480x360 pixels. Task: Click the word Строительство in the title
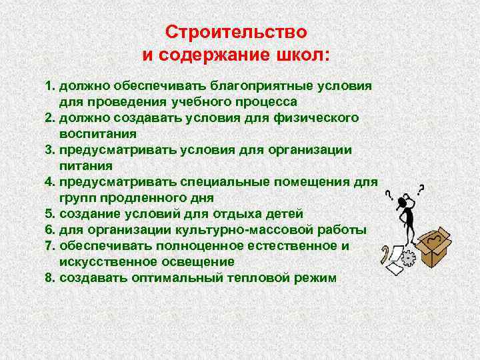click(237, 32)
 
